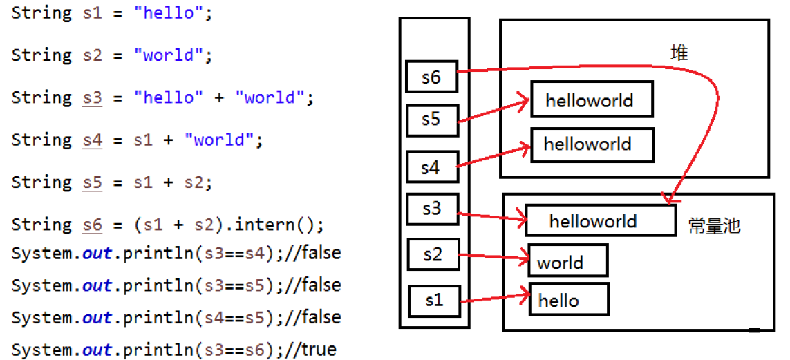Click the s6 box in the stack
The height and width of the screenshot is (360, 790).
[432, 77]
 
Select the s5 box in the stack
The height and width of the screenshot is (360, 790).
[432, 120]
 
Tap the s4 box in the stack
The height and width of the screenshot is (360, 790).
[432, 167]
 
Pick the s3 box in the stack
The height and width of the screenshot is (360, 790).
[432, 209]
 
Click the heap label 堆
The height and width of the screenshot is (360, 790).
[679, 53]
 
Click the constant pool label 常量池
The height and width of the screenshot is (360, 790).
[714, 226]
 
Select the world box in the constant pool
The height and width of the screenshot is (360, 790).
[567, 261]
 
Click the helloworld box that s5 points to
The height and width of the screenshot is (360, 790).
[591, 100]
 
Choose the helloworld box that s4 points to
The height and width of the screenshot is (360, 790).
[591, 144]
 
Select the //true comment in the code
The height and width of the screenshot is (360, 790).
[311, 349]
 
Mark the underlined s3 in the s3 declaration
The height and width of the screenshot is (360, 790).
[92, 98]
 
